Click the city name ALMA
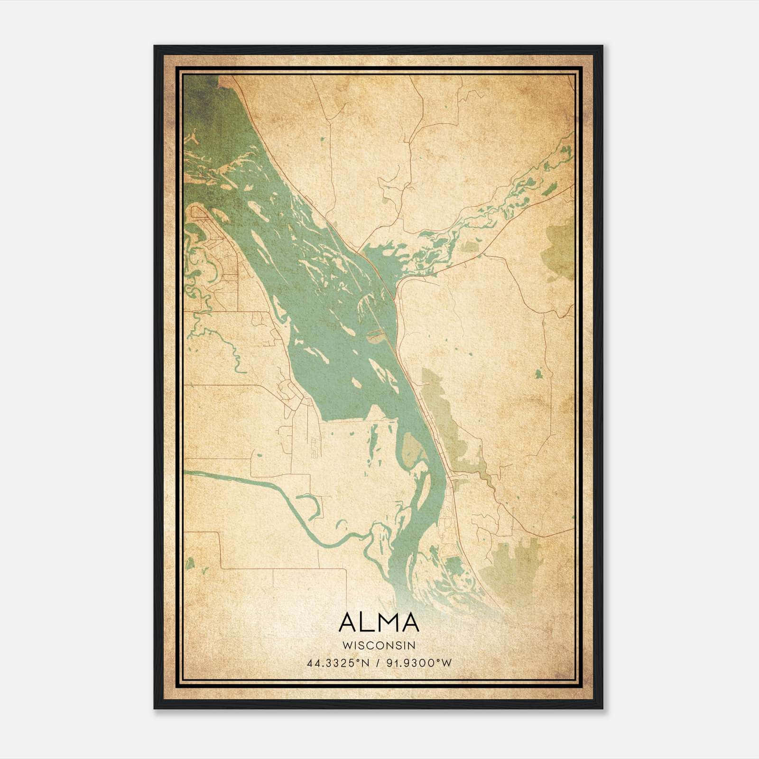[379, 622]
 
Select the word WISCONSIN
[379, 645]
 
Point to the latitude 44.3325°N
[338, 663]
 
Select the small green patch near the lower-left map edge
[190, 564]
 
